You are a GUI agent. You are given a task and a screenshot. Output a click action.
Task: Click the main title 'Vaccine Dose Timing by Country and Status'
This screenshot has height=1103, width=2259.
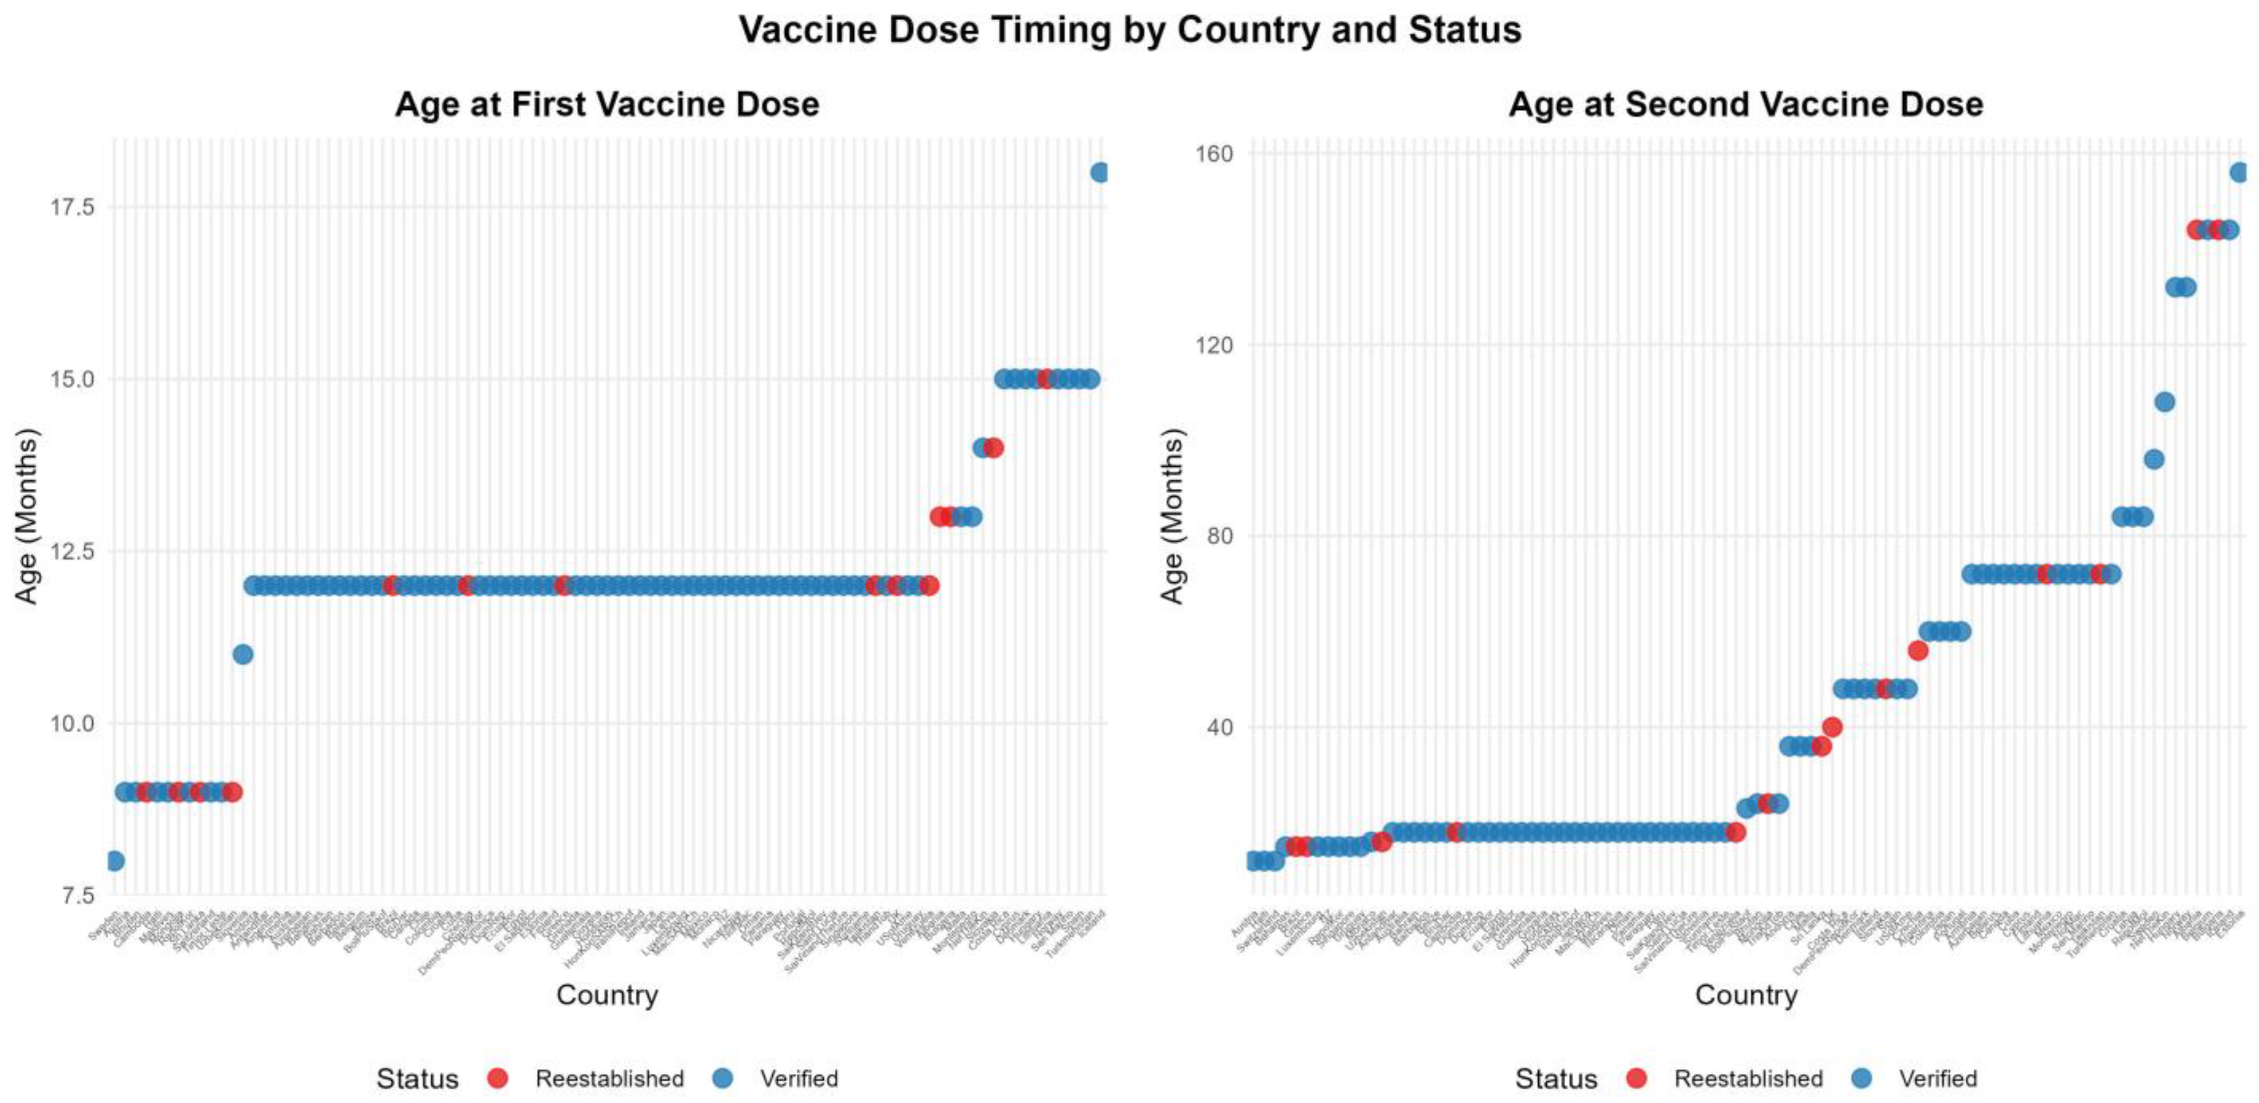click(x=1130, y=30)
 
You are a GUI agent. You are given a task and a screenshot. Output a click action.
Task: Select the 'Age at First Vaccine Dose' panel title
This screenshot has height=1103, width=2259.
click(x=607, y=104)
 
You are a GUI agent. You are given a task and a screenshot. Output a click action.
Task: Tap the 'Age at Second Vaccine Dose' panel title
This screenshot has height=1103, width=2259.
click(x=1745, y=104)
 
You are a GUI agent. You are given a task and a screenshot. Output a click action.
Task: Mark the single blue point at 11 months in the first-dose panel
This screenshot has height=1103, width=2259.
click(x=243, y=654)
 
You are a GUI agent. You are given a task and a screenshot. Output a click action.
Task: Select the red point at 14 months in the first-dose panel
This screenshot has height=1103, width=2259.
click(x=993, y=447)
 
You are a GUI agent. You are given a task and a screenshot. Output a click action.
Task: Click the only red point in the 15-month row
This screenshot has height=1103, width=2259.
click(x=1045, y=379)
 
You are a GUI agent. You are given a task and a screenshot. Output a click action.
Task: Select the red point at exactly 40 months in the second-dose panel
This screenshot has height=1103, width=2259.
click(x=1832, y=727)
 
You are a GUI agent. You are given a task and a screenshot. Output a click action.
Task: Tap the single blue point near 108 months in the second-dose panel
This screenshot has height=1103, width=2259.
click(x=2164, y=401)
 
